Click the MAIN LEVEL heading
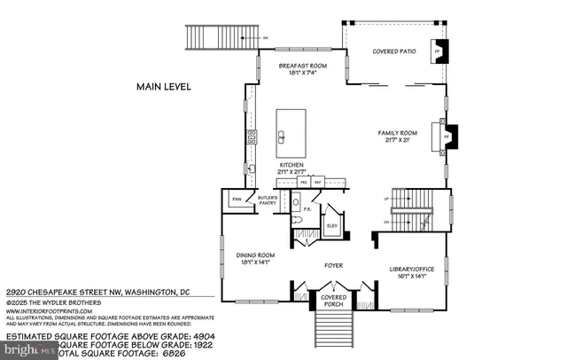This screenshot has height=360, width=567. [164, 87]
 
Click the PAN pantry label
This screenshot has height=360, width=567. [237, 200]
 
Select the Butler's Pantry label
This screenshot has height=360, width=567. [268, 200]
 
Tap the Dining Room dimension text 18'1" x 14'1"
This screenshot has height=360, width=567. [253, 261]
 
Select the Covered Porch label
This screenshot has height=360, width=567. [333, 301]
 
